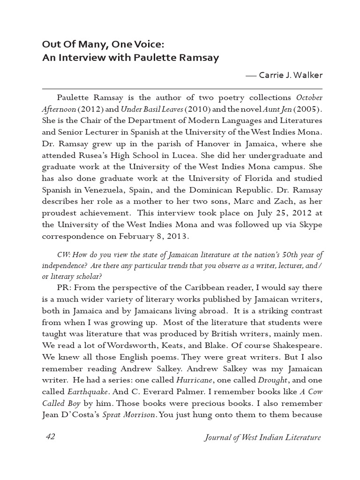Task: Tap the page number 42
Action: pyautogui.click(x=51, y=436)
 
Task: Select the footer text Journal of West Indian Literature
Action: pyautogui.click(x=263, y=437)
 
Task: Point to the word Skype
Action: pyautogui.click(x=308, y=225)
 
